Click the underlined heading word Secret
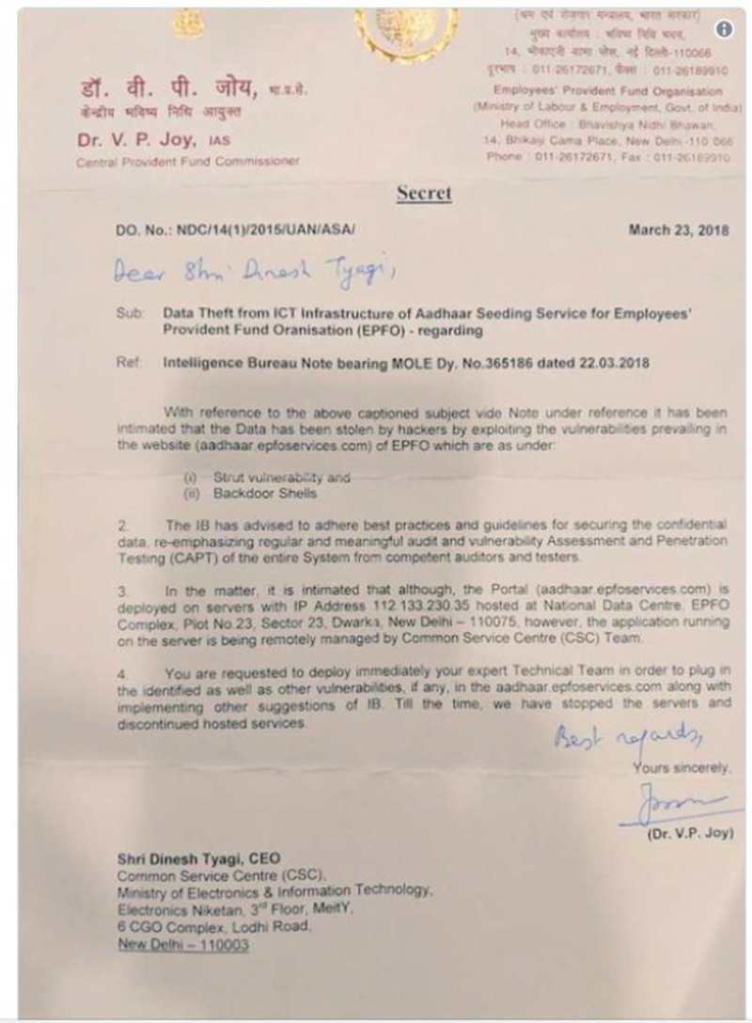423,193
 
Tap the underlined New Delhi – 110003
183,945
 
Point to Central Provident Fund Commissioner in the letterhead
188,161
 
